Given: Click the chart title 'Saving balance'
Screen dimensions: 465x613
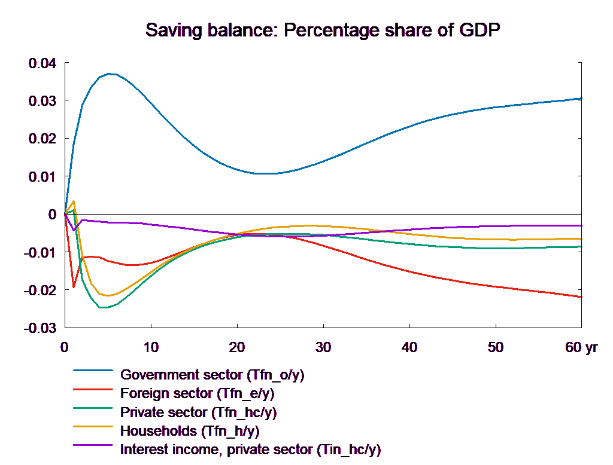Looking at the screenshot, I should point(323,30).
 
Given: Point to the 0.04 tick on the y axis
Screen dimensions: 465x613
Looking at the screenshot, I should point(42,63).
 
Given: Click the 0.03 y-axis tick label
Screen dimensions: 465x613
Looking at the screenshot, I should point(42,100).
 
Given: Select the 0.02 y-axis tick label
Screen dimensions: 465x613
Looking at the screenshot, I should point(42,139).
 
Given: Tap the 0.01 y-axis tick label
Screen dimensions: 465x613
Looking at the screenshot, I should point(42,176).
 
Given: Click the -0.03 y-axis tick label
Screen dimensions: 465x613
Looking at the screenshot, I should point(40,328).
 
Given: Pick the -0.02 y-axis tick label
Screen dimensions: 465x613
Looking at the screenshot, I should point(40,290).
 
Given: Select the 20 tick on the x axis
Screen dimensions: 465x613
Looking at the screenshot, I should point(237,347).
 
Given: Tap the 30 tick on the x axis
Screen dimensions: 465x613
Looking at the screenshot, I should point(323,347).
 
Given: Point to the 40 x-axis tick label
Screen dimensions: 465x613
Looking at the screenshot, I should point(409,347).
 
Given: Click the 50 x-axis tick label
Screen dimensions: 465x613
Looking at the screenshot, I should point(496,347).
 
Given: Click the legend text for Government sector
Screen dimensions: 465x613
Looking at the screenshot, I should point(213,375).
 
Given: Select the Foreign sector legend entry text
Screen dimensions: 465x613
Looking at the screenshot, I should point(197,394).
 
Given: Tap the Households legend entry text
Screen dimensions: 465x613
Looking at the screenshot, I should point(190,430).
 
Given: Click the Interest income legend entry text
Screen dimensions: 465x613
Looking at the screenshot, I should point(250,449).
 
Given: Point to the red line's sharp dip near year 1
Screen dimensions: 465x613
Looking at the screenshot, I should point(74,287).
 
